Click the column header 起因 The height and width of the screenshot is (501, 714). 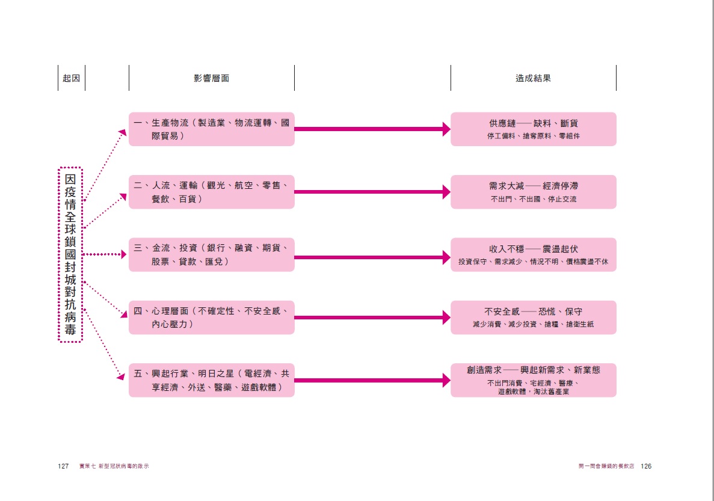click(x=71, y=78)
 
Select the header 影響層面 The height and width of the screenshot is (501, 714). click(x=211, y=78)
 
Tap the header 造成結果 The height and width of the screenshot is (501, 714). click(x=533, y=78)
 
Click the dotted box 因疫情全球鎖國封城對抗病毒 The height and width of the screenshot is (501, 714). click(x=70, y=255)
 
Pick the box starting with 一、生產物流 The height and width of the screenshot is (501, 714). click(x=211, y=129)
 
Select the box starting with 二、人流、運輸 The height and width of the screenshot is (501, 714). click(x=211, y=192)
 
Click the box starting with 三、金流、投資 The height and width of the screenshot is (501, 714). click(x=211, y=254)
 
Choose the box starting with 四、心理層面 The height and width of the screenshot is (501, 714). click(x=211, y=318)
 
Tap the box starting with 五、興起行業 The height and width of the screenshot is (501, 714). click(x=211, y=380)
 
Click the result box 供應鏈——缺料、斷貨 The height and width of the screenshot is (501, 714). click(x=533, y=129)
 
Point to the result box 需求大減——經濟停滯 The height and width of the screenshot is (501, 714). click(x=533, y=192)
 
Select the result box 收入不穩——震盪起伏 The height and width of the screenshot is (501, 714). click(x=533, y=254)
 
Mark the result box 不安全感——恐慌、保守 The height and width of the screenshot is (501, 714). click(x=533, y=318)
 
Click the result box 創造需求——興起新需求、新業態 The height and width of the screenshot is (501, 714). click(x=533, y=380)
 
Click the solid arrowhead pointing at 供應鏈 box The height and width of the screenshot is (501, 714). click(x=446, y=129)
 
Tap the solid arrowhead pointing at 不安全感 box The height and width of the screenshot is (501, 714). click(x=446, y=318)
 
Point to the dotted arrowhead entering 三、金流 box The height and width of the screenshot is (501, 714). click(x=124, y=254)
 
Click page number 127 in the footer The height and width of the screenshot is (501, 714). click(x=64, y=466)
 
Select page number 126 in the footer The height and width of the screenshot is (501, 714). click(x=646, y=466)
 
